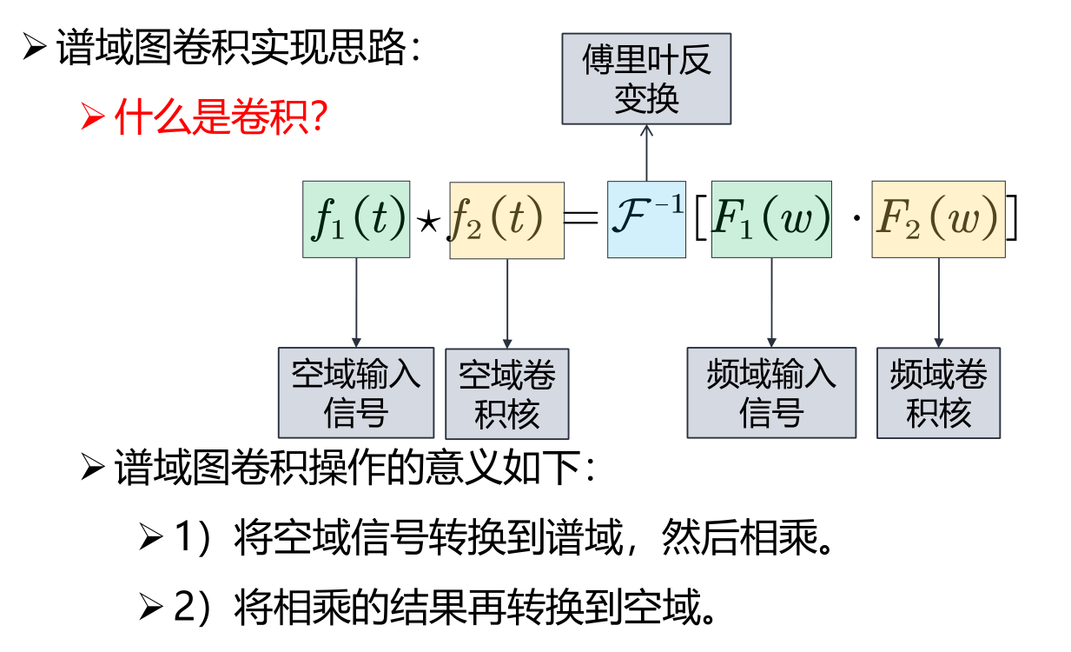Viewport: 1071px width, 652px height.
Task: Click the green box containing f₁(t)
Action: pyautogui.click(x=356, y=219)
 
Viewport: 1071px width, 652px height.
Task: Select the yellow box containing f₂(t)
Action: pyautogui.click(x=507, y=220)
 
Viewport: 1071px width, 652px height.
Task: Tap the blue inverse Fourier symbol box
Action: pyautogui.click(x=646, y=219)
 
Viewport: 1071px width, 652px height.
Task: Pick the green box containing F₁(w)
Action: pyautogui.click(x=771, y=219)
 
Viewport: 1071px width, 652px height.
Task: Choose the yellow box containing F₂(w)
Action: pyautogui.click(x=938, y=219)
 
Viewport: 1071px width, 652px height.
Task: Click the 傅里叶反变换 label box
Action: pyautogui.click(x=646, y=79)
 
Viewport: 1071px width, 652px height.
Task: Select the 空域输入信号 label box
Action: pyautogui.click(x=356, y=393)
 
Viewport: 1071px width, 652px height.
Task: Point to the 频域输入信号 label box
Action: pyautogui.click(x=771, y=393)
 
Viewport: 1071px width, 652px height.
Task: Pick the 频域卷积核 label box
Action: pyautogui.click(x=938, y=393)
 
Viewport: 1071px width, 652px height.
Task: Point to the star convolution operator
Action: pyautogui.click(x=428, y=223)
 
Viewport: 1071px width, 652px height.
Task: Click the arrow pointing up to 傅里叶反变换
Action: pyautogui.click(x=646, y=153)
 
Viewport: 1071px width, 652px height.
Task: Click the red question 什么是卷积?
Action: pyautogui.click(x=220, y=116)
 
